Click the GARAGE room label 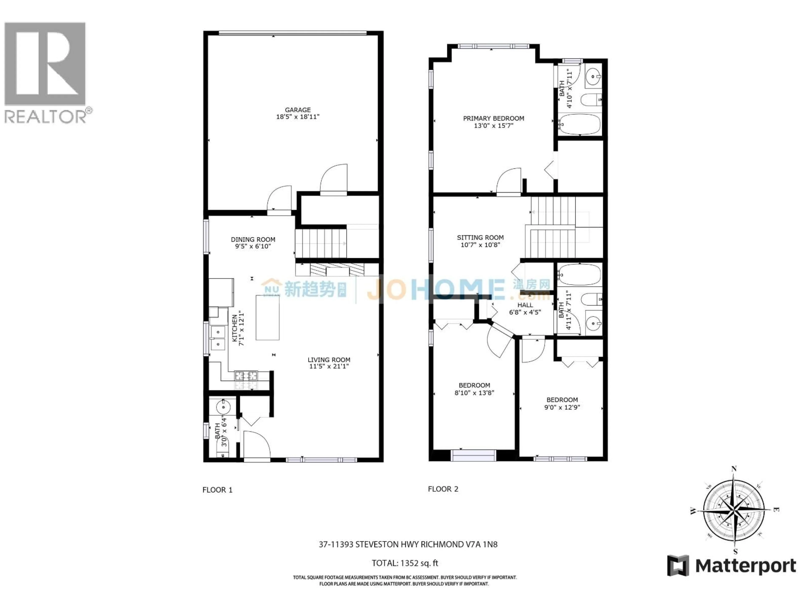[x=297, y=110]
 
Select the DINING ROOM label [x=253, y=239]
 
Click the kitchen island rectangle [x=267, y=317]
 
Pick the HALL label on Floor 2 [x=525, y=305]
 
